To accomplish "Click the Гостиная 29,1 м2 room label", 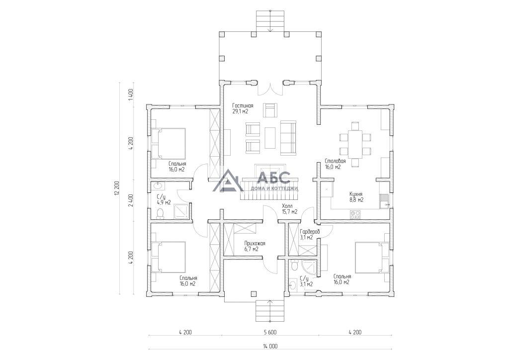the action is pos(243,108).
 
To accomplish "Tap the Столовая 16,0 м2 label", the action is pos(335,164).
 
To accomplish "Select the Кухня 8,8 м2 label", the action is pos(356,197).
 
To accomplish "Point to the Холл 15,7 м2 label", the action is pos(290,209).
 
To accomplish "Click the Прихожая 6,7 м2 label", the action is pos(255,247).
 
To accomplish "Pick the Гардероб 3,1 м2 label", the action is pos(310,234).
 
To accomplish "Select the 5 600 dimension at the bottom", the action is pos(270,332).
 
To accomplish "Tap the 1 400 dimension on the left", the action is pos(131,95).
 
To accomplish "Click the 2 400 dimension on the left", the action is pos(131,200).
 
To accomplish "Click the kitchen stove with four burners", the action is pos(355,214).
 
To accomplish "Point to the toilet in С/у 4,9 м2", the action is pos(160,213).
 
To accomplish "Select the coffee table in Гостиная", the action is pos(270,137).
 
